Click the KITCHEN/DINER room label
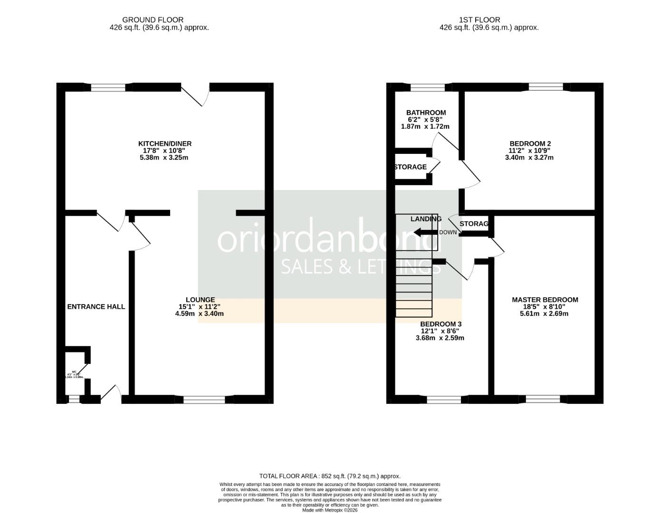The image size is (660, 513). [x=164, y=143]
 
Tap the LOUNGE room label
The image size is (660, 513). [x=200, y=300]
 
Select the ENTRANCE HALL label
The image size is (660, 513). [x=96, y=307]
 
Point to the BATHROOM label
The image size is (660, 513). [x=426, y=113]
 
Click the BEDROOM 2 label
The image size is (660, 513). [x=530, y=143]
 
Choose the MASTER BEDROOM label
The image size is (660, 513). [x=545, y=300]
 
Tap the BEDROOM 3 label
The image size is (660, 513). [x=440, y=324]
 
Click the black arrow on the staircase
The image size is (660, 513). [x=425, y=232]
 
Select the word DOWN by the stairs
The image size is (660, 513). [x=448, y=232]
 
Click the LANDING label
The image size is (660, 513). [x=426, y=219]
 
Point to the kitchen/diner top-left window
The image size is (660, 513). [x=108, y=87]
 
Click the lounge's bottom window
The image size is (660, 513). [x=204, y=400]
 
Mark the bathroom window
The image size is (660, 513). [x=428, y=87]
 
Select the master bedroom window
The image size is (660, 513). [x=543, y=399]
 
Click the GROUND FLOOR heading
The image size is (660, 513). [x=153, y=20]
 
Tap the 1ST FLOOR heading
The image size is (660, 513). [x=479, y=20]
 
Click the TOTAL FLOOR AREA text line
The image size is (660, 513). [x=330, y=476]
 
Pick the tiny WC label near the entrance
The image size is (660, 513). [x=74, y=372]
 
